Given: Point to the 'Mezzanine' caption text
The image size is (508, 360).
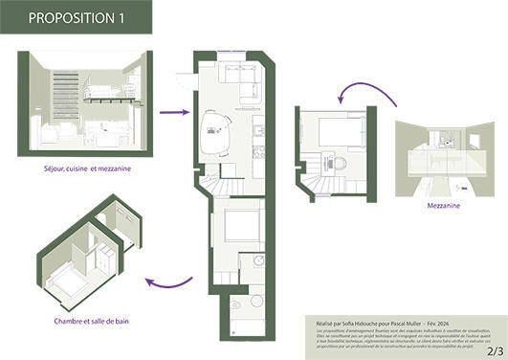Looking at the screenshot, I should pyautogui.click(x=444, y=204).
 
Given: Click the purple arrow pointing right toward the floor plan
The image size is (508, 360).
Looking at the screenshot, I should pyautogui.click(x=173, y=112).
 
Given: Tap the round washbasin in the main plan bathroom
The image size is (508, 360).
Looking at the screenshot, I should pyautogui.click(x=256, y=260).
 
